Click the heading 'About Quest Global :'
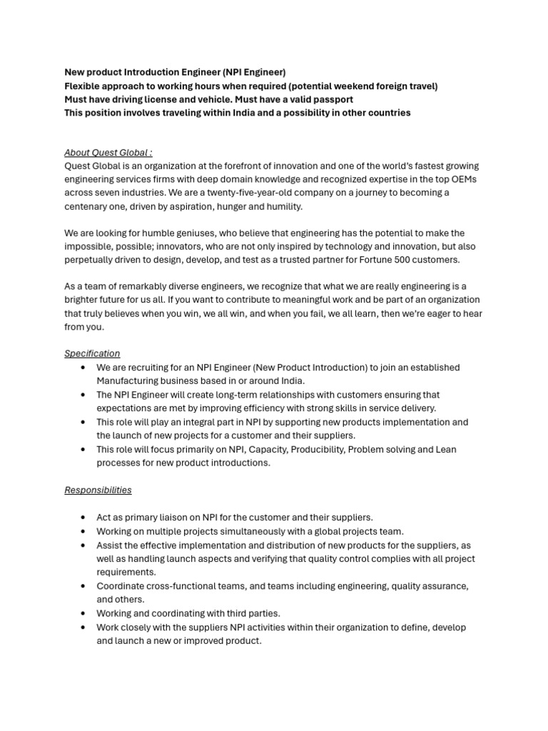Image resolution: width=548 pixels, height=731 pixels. [x=108, y=152]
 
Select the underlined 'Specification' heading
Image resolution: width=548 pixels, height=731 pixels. [x=92, y=353]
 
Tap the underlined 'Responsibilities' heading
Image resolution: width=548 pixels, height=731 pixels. [x=98, y=490]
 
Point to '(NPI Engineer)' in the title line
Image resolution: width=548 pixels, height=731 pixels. [x=253, y=72]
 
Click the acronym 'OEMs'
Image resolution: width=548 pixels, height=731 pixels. [x=462, y=179]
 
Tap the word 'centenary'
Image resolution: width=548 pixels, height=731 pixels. [x=87, y=206]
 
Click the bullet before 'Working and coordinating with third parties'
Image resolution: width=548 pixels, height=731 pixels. [x=83, y=613]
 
